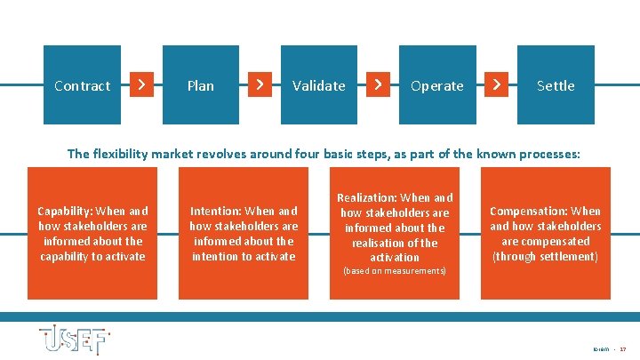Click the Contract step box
82,85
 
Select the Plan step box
201,85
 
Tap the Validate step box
319,85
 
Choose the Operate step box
437,85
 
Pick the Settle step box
556,85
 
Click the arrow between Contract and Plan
140,84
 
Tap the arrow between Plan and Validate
259,84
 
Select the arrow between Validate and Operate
378,84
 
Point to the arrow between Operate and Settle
496,84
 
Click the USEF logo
75,338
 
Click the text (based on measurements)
395,270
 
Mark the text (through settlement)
546,257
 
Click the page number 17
622,349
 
